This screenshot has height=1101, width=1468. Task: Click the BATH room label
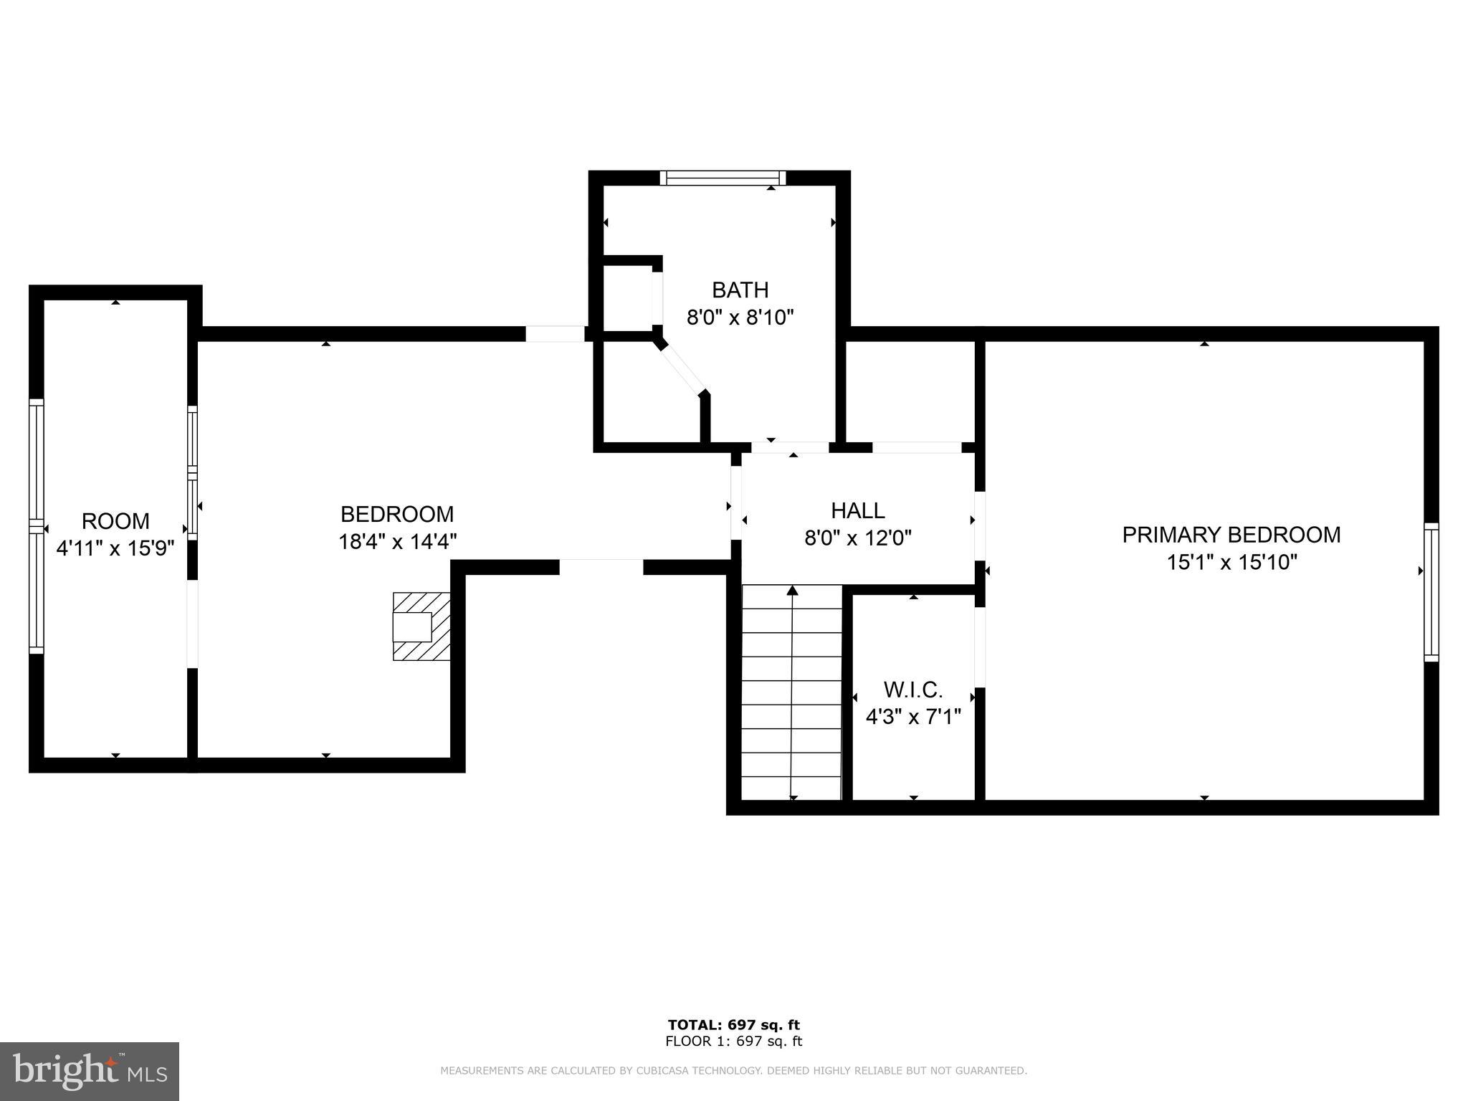pyautogui.click(x=740, y=290)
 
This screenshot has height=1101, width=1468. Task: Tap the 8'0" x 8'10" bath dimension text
pyautogui.click(x=740, y=317)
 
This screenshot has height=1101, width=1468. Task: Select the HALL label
pyautogui.click(x=857, y=510)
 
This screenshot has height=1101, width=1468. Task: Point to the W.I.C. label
pyautogui.click(x=912, y=690)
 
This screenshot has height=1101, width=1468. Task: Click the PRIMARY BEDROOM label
pyautogui.click(x=1231, y=535)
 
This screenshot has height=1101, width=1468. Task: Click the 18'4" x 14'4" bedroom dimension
pyautogui.click(x=397, y=541)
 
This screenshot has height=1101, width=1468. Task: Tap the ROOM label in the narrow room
pyautogui.click(x=115, y=521)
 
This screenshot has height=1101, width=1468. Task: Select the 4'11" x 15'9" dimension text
pyautogui.click(x=115, y=548)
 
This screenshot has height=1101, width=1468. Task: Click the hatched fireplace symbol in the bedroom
pyautogui.click(x=421, y=626)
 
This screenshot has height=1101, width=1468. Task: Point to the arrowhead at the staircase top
pyautogui.click(x=792, y=591)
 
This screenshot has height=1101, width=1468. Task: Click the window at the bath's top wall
pyautogui.click(x=723, y=178)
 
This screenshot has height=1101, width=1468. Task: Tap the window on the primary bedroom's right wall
pyautogui.click(x=1431, y=591)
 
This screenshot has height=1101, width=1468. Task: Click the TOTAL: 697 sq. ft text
pyautogui.click(x=733, y=1025)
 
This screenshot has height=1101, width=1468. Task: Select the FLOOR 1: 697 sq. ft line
pyautogui.click(x=733, y=1042)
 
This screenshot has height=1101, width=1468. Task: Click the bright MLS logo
pyautogui.click(x=90, y=1072)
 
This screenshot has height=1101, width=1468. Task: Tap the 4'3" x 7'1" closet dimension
pyautogui.click(x=912, y=717)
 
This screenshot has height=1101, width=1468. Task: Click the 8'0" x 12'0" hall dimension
pyautogui.click(x=857, y=538)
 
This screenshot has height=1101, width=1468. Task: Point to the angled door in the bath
pyautogui.click(x=682, y=370)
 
